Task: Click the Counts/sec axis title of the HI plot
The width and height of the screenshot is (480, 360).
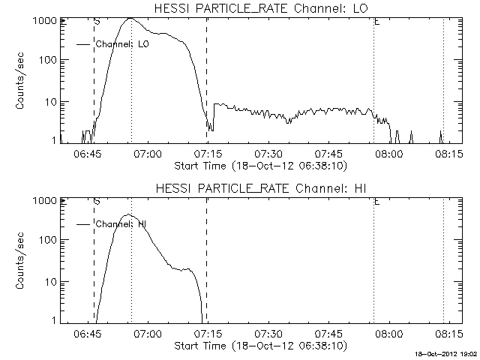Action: tap(20, 260)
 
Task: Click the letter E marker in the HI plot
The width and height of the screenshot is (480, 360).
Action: tap(376, 202)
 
